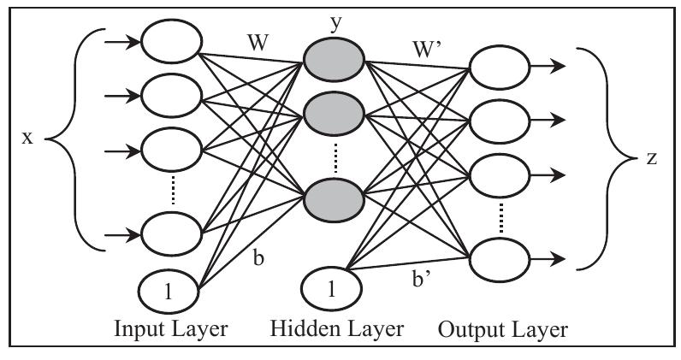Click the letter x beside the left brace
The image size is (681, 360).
click(x=27, y=138)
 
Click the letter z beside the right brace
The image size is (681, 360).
click(x=652, y=160)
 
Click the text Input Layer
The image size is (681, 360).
click(x=170, y=329)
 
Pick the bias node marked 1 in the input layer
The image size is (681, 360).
click(x=169, y=291)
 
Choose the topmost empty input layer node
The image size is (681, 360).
click(x=171, y=41)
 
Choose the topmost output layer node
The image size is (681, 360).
click(x=498, y=67)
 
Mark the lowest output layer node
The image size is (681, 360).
click(x=498, y=257)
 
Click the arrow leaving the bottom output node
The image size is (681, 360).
click(x=547, y=257)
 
